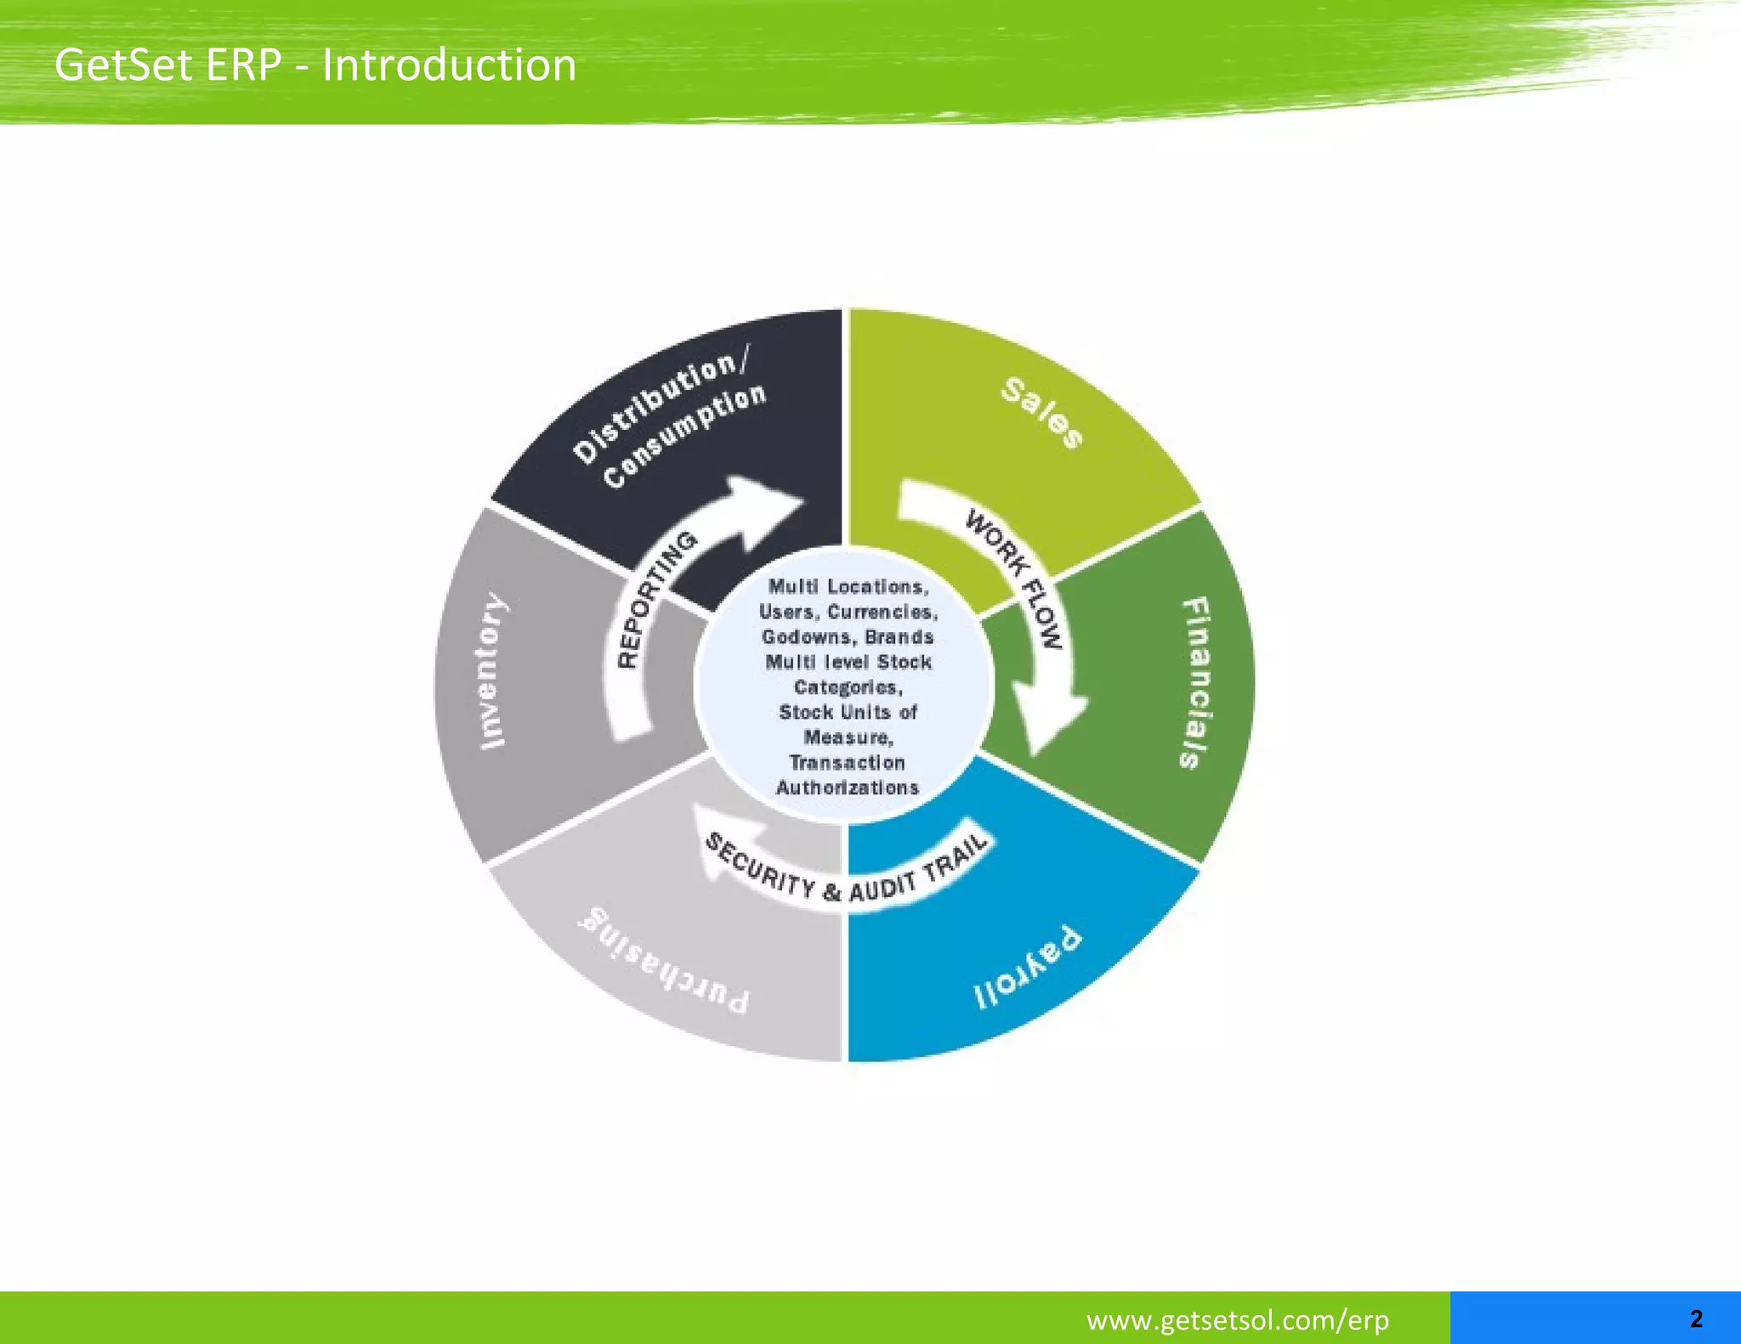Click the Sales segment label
point(1042,413)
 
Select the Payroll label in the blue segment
point(1028,968)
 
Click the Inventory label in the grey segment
point(493,671)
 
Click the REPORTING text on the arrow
point(656,599)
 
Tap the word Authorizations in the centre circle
point(848,788)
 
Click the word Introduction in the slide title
point(449,65)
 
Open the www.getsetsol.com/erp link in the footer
point(1237,1319)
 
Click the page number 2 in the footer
point(1696,1319)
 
